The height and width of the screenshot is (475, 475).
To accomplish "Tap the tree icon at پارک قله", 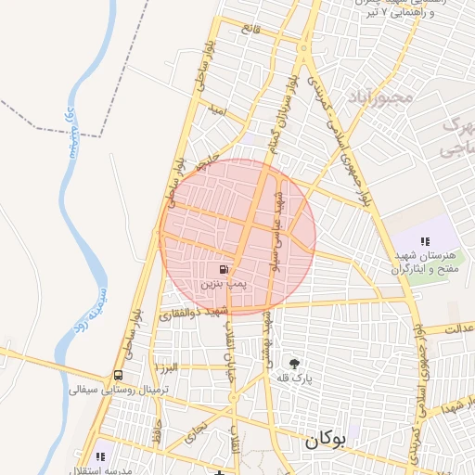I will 295,363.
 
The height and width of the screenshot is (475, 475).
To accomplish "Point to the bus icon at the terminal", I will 118,376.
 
